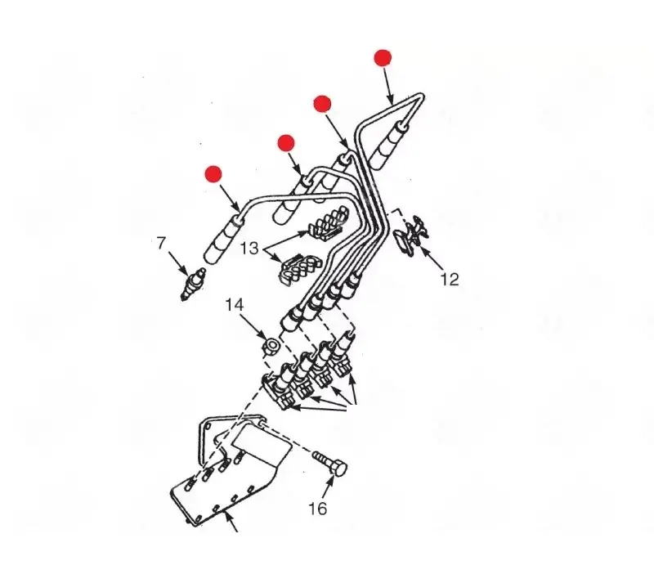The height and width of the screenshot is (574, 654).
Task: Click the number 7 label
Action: pyautogui.click(x=161, y=243)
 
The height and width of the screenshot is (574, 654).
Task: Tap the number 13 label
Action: pyautogui.click(x=249, y=249)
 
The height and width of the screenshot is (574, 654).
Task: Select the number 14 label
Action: pyautogui.click(x=235, y=304)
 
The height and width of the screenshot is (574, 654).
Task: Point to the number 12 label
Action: pyautogui.click(x=450, y=279)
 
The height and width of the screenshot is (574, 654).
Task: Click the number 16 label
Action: pyautogui.click(x=317, y=509)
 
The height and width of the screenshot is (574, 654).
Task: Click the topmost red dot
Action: pyautogui.click(x=383, y=58)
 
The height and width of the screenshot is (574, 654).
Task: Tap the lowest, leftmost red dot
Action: pyautogui.click(x=213, y=174)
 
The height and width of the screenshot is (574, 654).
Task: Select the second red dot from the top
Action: pyautogui.click(x=322, y=104)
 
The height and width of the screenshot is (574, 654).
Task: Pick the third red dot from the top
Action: pyautogui.click(x=286, y=143)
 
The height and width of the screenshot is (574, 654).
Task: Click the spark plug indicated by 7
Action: pyautogui.click(x=193, y=284)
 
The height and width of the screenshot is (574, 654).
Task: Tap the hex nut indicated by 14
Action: pyautogui.click(x=271, y=347)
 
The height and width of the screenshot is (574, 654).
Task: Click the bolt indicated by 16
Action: pyautogui.click(x=330, y=462)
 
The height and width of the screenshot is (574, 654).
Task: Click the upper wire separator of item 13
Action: pyautogui.click(x=329, y=224)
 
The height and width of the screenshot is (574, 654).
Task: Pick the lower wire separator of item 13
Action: pyautogui.click(x=298, y=270)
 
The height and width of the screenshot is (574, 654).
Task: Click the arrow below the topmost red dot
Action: pyautogui.click(x=388, y=87)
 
